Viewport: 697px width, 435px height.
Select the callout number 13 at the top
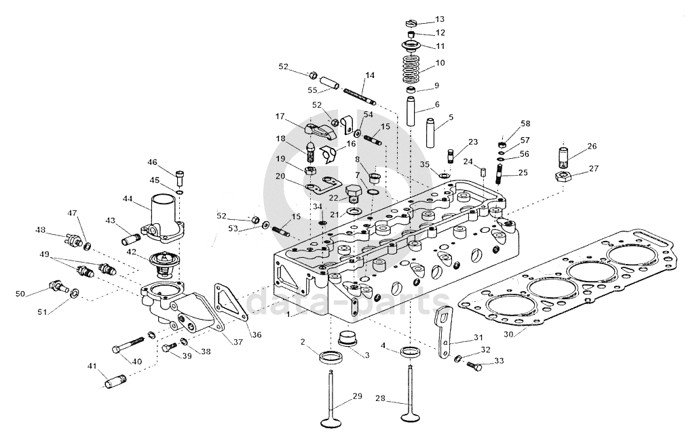pos(440,19)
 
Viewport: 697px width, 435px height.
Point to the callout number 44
pos(127,199)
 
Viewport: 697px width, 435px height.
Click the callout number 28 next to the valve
pos(381,400)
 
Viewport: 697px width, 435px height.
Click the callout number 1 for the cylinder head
pos(288,315)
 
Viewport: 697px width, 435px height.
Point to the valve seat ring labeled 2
pos(331,356)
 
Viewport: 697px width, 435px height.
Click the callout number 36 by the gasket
pos(255,335)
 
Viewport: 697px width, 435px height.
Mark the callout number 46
pos(153,162)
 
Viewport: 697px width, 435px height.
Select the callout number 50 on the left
pos(20,294)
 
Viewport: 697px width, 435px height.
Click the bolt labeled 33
pos(474,367)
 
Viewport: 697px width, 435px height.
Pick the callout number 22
pos(333,197)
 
